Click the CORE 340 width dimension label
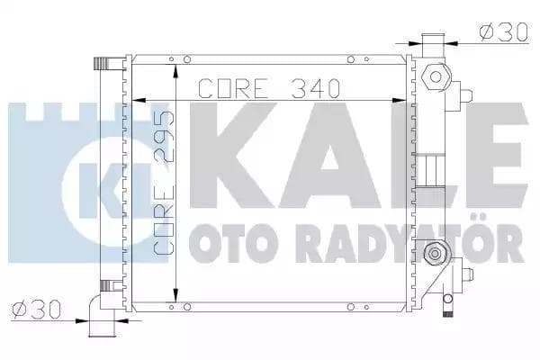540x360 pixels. pos(267,88)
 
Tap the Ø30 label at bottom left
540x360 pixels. pos(33,310)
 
